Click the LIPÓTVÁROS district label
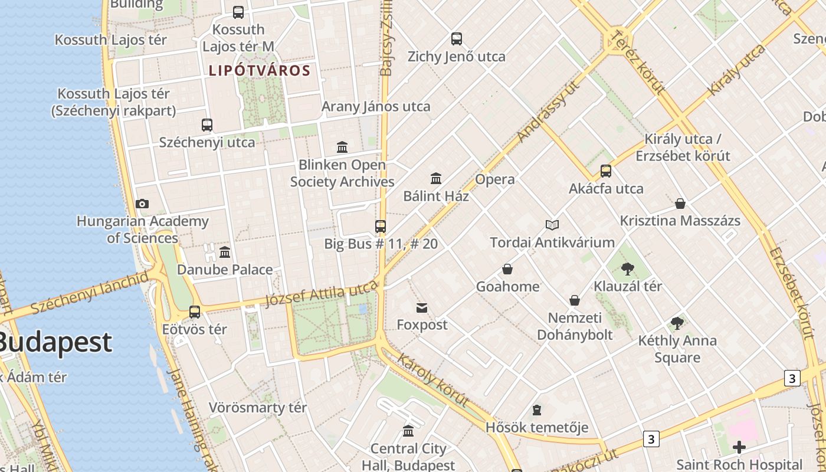pyautogui.click(x=260, y=71)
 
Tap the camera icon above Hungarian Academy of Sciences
pyautogui.click(x=142, y=204)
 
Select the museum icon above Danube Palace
pyautogui.click(x=225, y=253)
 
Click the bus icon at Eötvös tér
pyautogui.click(x=195, y=312)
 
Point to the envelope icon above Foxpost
pyautogui.click(x=422, y=307)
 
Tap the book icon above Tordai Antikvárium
pyautogui.click(x=552, y=225)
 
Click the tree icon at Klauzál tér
pyautogui.click(x=628, y=269)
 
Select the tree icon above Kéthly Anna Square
pyautogui.click(x=677, y=323)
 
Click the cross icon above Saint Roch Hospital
pyautogui.click(x=739, y=447)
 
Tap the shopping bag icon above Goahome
pyautogui.click(x=507, y=270)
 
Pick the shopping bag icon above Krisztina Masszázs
pyautogui.click(x=680, y=204)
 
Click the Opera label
pyautogui.click(x=495, y=179)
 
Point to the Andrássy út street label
pyautogui.click(x=548, y=110)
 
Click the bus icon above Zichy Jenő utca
pyautogui.click(x=457, y=39)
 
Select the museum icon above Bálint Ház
pyautogui.click(x=436, y=178)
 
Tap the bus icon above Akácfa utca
pyautogui.click(x=606, y=171)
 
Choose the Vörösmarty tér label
pyautogui.click(x=258, y=408)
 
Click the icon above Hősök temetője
pyautogui.click(x=536, y=409)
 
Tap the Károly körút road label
pyautogui.click(x=434, y=380)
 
